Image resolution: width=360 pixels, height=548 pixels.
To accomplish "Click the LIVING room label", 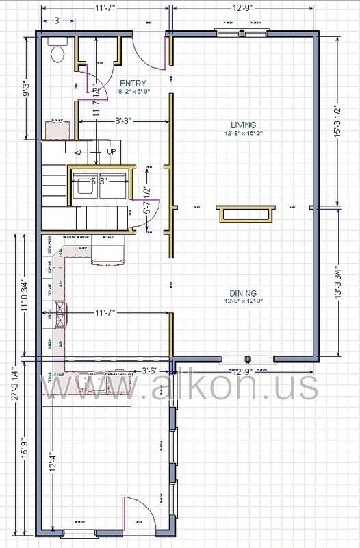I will click(243, 124).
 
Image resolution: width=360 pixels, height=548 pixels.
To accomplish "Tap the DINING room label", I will click(243, 290).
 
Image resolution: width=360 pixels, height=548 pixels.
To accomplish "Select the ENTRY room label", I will click(132, 83).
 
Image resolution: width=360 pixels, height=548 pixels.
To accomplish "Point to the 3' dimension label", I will click(60, 21).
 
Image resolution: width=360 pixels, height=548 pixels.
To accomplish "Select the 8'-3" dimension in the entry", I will click(123, 121).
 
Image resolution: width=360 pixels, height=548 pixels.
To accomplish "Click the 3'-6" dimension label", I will click(150, 371).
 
